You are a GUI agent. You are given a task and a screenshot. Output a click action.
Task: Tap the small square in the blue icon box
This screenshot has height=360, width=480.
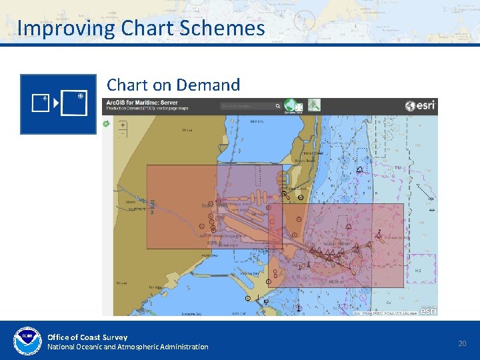pyautogui.click(x=40, y=103)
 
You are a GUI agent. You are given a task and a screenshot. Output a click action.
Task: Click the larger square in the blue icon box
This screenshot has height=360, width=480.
pyautogui.click(x=73, y=103)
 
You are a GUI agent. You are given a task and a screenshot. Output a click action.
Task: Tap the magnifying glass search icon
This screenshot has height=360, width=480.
pyautogui.click(x=278, y=106)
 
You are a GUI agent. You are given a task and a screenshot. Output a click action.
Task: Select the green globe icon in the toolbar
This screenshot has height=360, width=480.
pyautogui.click(x=290, y=105)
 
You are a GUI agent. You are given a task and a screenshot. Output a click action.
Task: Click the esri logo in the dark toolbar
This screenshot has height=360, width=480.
pyautogui.click(x=420, y=106)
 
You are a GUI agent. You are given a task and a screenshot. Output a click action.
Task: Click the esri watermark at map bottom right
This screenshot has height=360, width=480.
pyautogui.click(x=428, y=311)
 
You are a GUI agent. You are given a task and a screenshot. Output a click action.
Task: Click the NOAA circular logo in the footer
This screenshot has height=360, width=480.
pyautogui.click(x=27, y=341)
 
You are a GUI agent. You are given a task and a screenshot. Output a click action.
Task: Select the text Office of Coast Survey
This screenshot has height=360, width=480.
pyautogui.click(x=87, y=337)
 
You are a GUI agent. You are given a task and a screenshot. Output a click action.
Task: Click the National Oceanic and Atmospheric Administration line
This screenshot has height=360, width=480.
pyautogui.click(x=127, y=347)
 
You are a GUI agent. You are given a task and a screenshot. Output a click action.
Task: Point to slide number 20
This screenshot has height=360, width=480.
pyautogui.click(x=462, y=343)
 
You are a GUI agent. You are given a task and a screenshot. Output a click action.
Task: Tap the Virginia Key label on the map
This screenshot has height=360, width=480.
pyautogui.click(x=251, y=273)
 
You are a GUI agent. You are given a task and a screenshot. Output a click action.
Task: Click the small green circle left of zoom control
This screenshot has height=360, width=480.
pyautogui.click(x=105, y=124)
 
